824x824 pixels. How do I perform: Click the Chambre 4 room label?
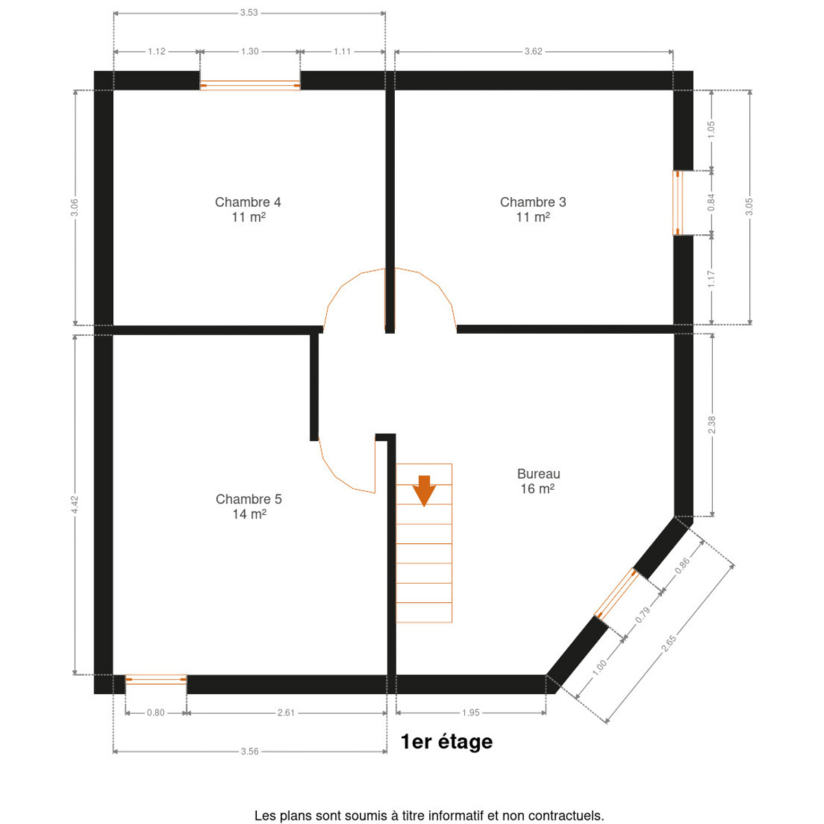248,209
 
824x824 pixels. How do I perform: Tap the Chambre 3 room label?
532,209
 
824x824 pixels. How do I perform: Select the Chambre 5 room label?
249,506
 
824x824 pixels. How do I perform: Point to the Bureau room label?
538,481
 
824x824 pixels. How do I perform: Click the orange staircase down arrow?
424,490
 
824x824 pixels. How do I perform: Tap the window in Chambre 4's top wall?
250,86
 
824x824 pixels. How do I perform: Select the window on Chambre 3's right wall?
677,203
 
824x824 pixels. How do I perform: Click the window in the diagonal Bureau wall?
617,594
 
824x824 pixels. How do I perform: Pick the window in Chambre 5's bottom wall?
156,679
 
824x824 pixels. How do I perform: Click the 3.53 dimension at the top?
249,13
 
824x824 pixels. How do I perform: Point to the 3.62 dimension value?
533,51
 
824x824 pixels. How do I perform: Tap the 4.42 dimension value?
75,505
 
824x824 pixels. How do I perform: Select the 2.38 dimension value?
711,424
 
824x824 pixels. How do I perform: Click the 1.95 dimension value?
470,712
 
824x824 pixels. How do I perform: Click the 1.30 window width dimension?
249,51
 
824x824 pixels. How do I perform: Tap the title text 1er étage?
446,742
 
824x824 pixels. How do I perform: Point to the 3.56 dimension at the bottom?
249,751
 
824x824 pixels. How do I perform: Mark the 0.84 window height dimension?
711,203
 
